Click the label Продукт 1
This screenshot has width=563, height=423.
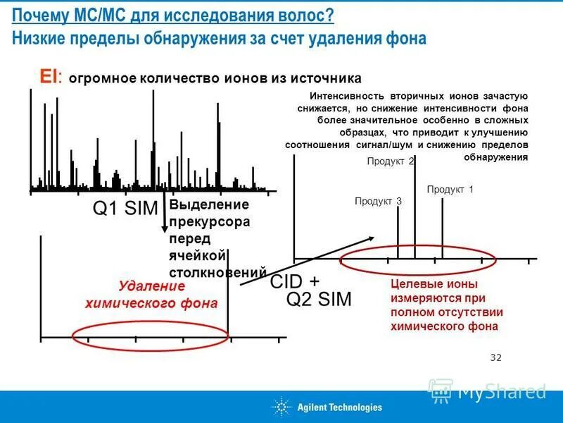click(450, 190)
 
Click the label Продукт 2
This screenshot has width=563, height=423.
click(391, 161)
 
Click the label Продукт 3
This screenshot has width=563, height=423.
click(378, 202)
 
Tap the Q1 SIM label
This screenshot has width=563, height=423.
click(125, 209)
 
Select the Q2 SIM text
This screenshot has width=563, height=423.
click(318, 299)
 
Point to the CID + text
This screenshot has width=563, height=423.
click(295, 281)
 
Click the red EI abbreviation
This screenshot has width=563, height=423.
click(49, 77)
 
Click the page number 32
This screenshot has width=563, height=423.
click(495, 357)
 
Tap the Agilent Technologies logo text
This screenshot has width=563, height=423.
click(339, 407)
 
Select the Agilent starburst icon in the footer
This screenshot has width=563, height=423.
click(281, 407)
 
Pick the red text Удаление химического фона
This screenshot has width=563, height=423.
click(151, 295)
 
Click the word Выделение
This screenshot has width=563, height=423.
click(209, 205)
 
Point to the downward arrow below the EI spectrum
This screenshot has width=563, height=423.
click(165, 219)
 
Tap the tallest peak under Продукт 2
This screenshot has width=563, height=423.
click(414, 211)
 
